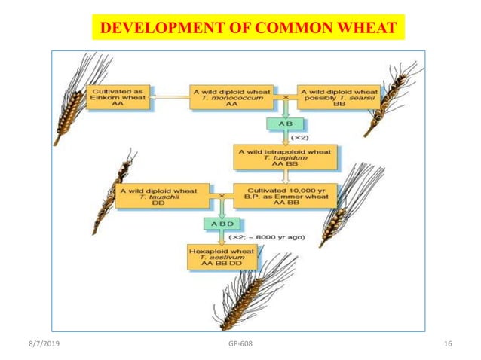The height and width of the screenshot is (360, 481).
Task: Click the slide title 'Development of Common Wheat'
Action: tap(248, 28)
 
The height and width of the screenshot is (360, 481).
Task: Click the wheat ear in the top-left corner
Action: tap(75, 98)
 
